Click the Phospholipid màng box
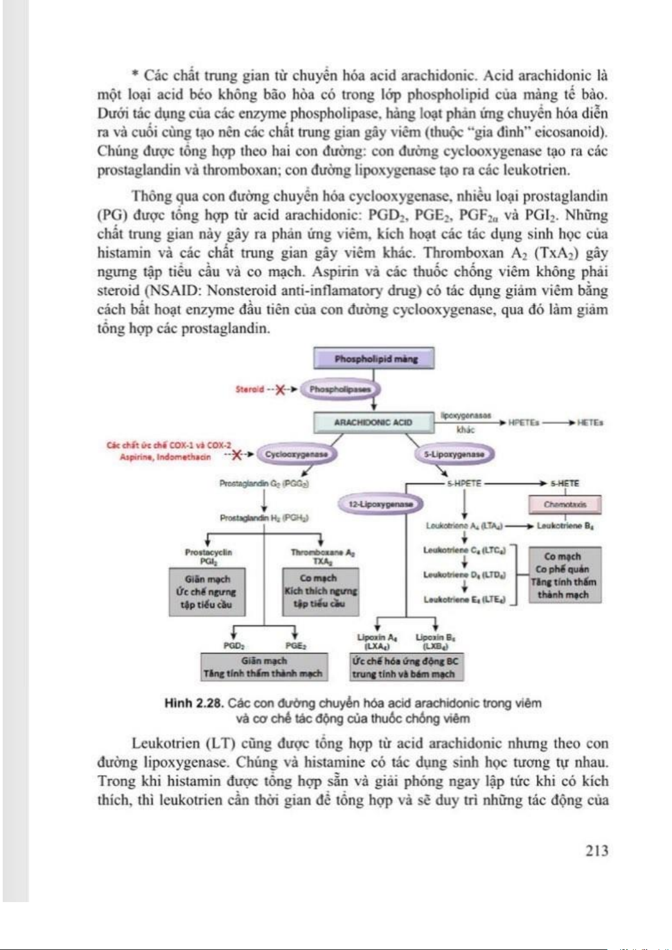pos(374,359)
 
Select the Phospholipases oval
pos(340,389)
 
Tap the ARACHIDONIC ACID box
pos(373,422)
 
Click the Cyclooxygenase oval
pos(296,454)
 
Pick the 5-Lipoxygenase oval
pos(454,454)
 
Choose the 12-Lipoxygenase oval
pos(381,504)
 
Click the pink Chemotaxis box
pos(565,505)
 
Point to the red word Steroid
pos(249,389)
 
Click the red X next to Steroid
pos(280,390)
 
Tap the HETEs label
pos(590,422)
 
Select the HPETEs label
pos(523,422)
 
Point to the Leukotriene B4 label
pos(565,526)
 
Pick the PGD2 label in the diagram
pos(233,646)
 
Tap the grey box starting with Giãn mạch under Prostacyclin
pos(207,592)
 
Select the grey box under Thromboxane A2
pos(320,591)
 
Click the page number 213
pos(596,850)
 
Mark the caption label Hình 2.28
pos(193,703)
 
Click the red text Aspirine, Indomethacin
pos(165,457)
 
